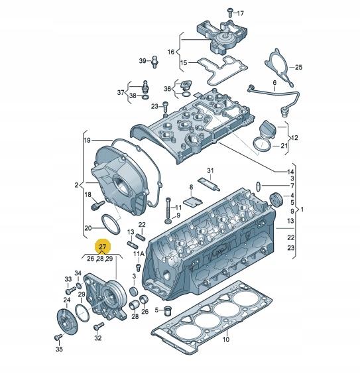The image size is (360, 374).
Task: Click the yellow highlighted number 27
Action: (103, 246)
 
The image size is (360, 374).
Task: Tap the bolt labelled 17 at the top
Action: (230, 13)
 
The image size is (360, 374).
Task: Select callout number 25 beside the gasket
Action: (298, 67)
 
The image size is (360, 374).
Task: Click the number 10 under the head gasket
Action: (225, 339)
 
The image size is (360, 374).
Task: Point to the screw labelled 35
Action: (58, 338)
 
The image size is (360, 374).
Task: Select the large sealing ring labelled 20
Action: (111, 224)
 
